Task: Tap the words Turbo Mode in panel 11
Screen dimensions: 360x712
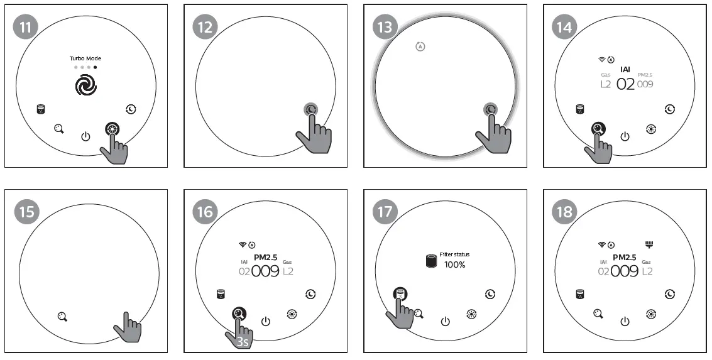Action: (85, 58)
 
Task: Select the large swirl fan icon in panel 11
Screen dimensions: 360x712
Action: (86, 85)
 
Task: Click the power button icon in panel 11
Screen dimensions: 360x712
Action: (86, 136)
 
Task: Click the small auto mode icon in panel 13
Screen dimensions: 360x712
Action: (420, 46)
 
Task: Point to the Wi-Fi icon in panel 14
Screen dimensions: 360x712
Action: (601, 59)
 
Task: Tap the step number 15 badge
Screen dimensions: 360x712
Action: (26, 212)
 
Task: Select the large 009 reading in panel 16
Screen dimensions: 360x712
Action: (265, 271)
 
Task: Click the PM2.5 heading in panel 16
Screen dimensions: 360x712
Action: (265, 257)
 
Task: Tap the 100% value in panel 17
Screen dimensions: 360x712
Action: (454, 265)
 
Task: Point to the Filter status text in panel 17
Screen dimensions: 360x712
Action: (454, 254)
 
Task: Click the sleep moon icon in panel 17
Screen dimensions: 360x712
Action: (490, 294)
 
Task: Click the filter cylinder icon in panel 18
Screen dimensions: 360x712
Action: (580, 294)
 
